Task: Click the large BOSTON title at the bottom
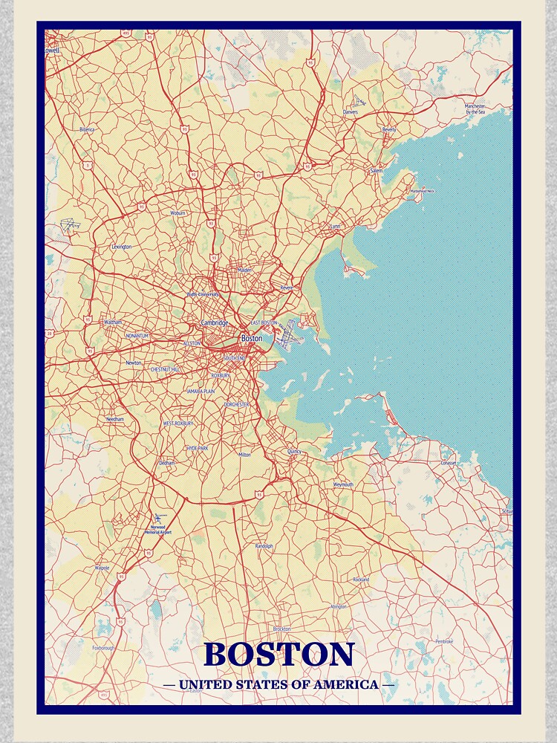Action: (279, 655)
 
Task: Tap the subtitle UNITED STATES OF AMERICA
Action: (278, 684)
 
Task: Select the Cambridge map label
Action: (215, 323)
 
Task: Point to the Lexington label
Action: (121, 247)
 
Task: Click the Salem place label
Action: (377, 171)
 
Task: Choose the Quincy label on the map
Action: (294, 451)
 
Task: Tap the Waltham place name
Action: (113, 322)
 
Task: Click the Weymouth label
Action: (343, 484)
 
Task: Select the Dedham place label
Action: (166, 463)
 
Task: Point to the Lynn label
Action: (335, 226)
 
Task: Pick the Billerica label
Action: (88, 129)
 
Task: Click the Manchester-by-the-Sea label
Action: (475, 108)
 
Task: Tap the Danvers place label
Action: (351, 111)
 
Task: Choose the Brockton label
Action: (281, 629)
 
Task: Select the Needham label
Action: (115, 419)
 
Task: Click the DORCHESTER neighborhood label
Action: (238, 404)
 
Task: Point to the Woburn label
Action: (178, 213)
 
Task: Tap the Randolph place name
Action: (264, 546)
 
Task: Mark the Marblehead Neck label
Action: (422, 191)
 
